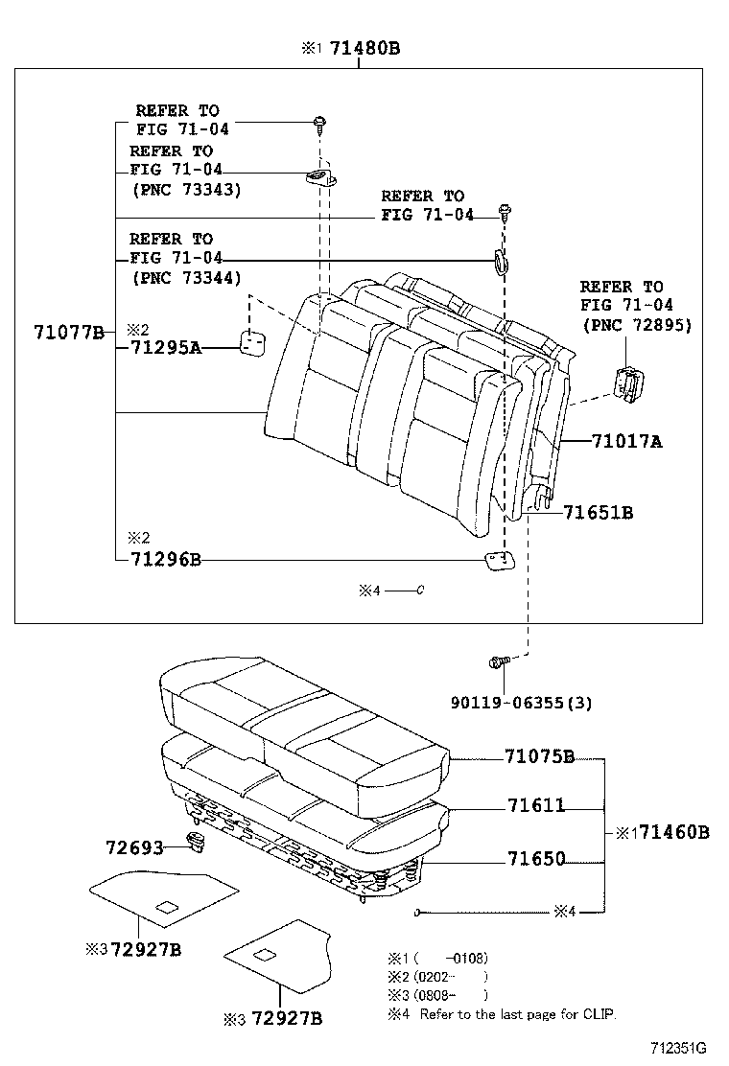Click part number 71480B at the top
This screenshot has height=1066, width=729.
pyautogui.click(x=364, y=47)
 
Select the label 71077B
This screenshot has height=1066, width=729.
pyautogui.click(x=68, y=333)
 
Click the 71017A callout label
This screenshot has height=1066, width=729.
pyautogui.click(x=626, y=441)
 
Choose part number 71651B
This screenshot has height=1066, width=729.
pyautogui.click(x=598, y=513)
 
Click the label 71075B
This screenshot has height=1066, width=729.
pyautogui.click(x=539, y=757)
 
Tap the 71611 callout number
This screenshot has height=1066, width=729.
pyautogui.click(x=535, y=806)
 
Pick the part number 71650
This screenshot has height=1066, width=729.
pyautogui.click(x=535, y=859)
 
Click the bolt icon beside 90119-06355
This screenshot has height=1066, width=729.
pyautogui.click(x=497, y=661)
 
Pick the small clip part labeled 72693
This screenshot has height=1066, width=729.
pyautogui.click(x=198, y=843)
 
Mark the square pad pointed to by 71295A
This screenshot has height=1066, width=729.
pyautogui.click(x=253, y=343)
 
